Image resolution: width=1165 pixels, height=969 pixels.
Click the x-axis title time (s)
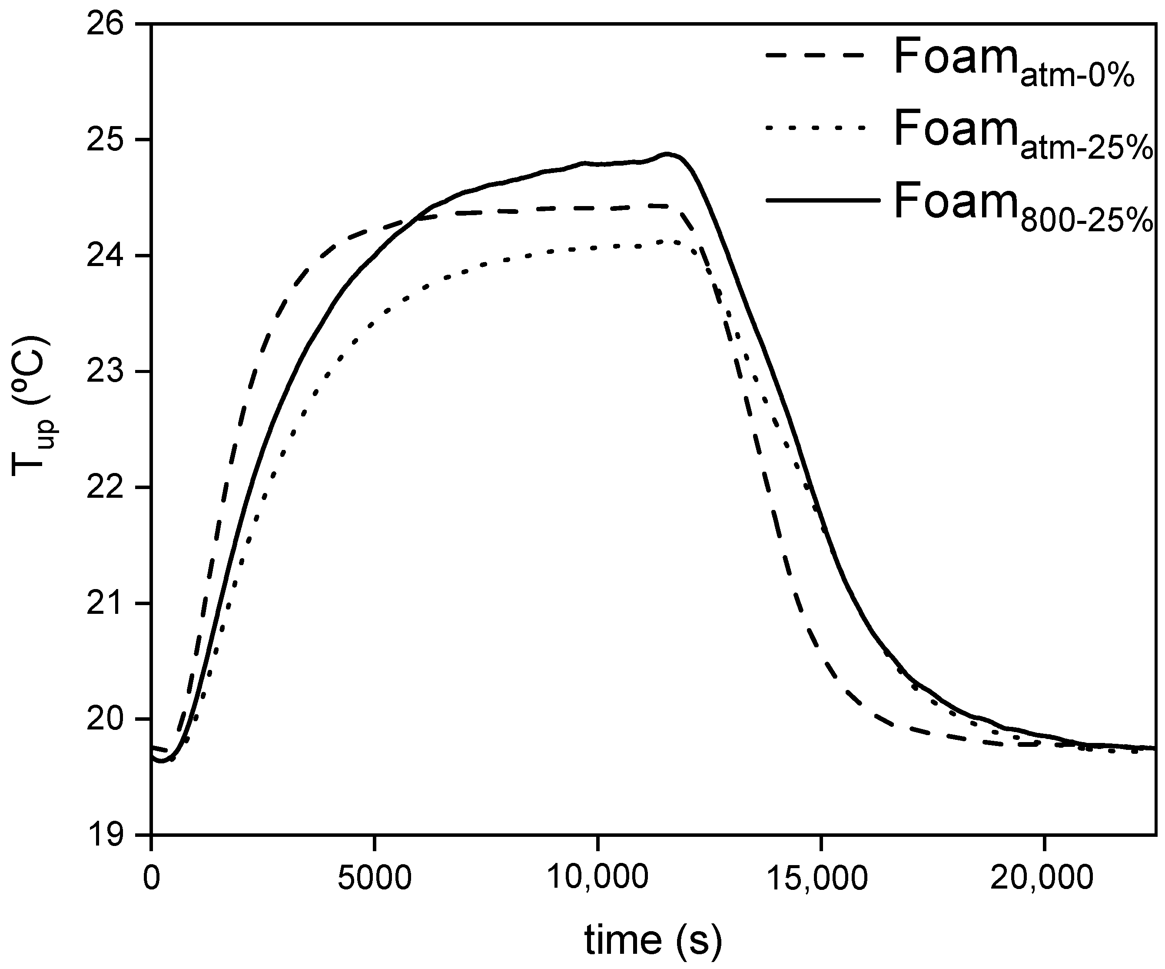653,939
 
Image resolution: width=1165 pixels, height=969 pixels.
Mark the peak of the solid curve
667,154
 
